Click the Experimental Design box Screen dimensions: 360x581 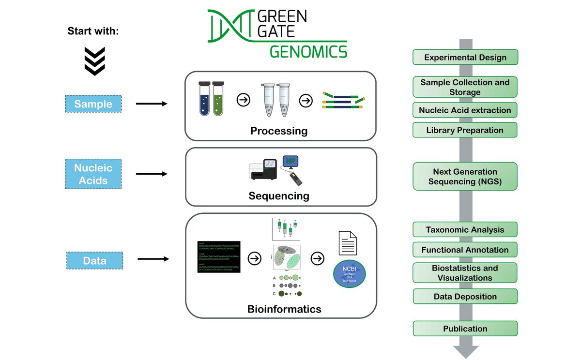pos(465,57)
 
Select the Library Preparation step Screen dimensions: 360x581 pos(465,130)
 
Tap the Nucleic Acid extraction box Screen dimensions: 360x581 pos(465,110)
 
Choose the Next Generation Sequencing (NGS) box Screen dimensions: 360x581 pos(465,176)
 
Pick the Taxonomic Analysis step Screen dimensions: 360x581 pos(465,230)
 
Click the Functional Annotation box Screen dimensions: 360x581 pos(465,250)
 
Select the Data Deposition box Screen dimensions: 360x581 pos(465,296)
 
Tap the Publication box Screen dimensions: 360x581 pos(465,329)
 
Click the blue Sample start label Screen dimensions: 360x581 pos(93,104)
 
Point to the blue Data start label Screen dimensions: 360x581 pos(94,261)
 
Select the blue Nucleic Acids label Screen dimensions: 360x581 pos(93,174)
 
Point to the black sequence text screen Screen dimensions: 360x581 pos(219,256)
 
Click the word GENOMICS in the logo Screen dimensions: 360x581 pos(308,51)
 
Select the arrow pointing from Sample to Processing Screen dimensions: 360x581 pos(151,104)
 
